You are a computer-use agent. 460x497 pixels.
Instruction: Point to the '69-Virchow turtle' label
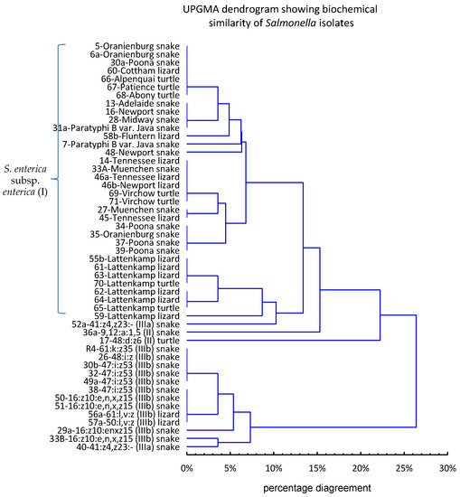[x=143, y=193]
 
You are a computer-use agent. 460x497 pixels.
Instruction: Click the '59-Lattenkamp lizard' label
[x=136, y=315]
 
